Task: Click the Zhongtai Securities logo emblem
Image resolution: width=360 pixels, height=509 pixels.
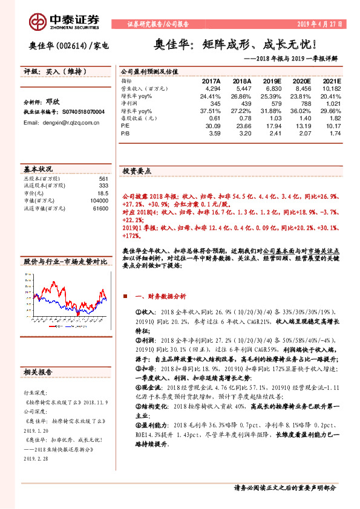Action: pos(37,22)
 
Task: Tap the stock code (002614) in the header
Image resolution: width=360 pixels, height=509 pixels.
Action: pos(71,46)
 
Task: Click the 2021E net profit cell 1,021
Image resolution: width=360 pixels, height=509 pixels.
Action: pos(333,103)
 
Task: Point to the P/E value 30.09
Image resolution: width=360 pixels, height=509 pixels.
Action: pos(212,126)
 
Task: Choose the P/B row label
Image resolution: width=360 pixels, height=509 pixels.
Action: pos(125,134)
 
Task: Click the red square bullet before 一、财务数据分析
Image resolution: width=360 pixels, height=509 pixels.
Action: pos(125,297)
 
